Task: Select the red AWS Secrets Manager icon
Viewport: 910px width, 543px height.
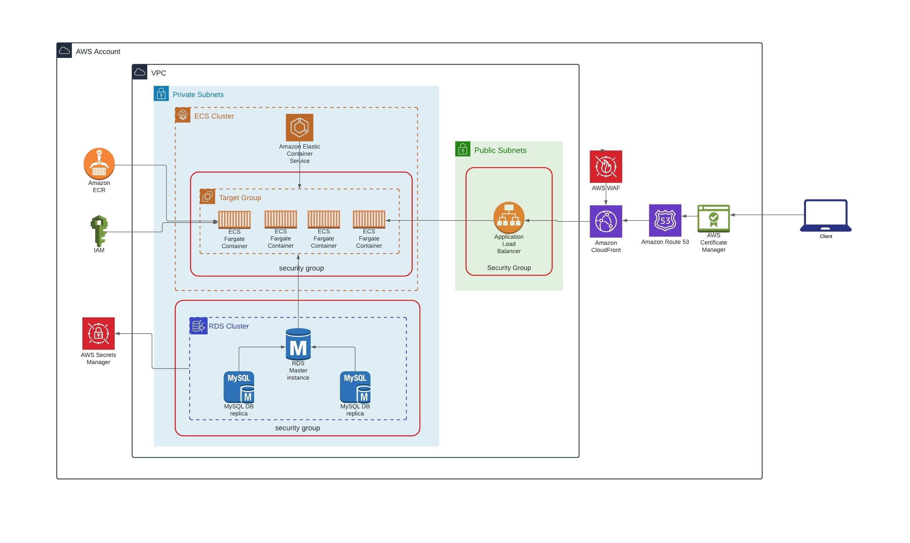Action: [x=99, y=333]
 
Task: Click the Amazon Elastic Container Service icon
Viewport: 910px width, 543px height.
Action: [x=299, y=127]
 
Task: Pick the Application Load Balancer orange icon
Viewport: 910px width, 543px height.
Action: [x=509, y=217]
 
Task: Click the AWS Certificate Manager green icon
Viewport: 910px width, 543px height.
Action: [x=713, y=218]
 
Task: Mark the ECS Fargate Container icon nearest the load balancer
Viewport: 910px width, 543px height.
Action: [x=369, y=219]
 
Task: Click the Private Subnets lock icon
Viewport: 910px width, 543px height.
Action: [x=161, y=94]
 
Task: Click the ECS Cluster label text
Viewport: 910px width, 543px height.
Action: [x=214, y=116]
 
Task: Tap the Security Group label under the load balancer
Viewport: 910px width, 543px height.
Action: [x=509, y=268]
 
